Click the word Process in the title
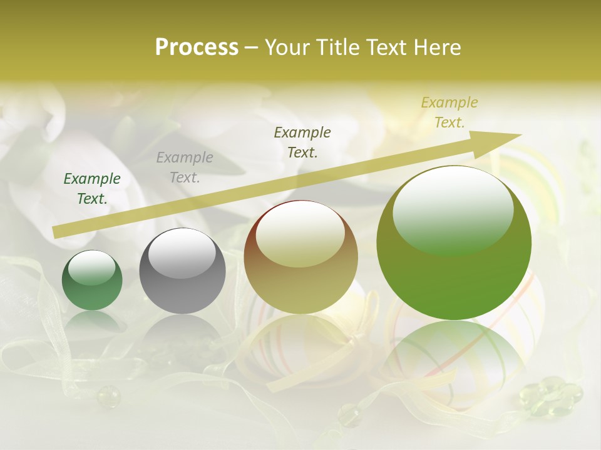[197, 47]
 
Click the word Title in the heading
[336, 47]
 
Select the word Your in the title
[287, 47]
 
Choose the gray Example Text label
[185, 167]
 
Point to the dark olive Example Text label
[302, 142]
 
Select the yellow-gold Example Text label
[449, 112]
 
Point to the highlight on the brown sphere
[300, 234]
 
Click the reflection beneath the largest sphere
[454, 356]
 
